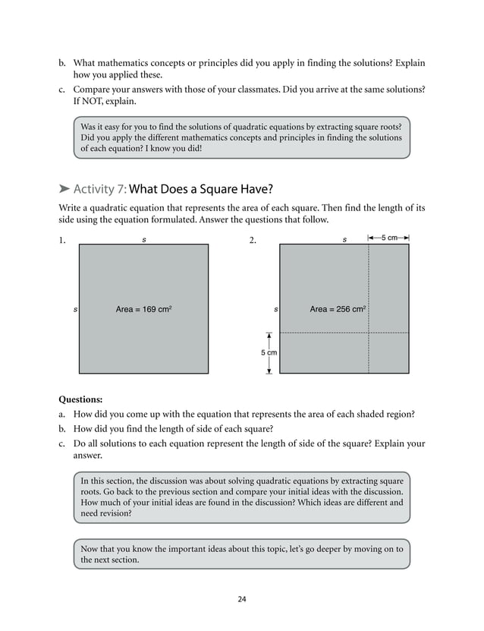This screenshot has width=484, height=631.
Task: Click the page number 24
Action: (241, 599)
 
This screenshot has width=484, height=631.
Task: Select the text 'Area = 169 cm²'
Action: (148, 309)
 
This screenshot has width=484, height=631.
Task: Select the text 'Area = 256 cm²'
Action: (338, 309)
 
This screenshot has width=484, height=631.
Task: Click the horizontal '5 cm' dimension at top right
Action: (389, 238)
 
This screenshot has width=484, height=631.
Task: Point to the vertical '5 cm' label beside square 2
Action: (269, 353)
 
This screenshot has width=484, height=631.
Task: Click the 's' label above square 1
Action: (144, 239)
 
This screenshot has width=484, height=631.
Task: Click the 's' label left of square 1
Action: (74, 309)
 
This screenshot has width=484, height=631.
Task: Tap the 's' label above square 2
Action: (344, 239)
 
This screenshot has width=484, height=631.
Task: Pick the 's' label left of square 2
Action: (275, 309)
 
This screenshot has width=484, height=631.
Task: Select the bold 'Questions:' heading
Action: (80, 399)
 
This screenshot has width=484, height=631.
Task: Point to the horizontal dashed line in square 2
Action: (326, 333)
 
